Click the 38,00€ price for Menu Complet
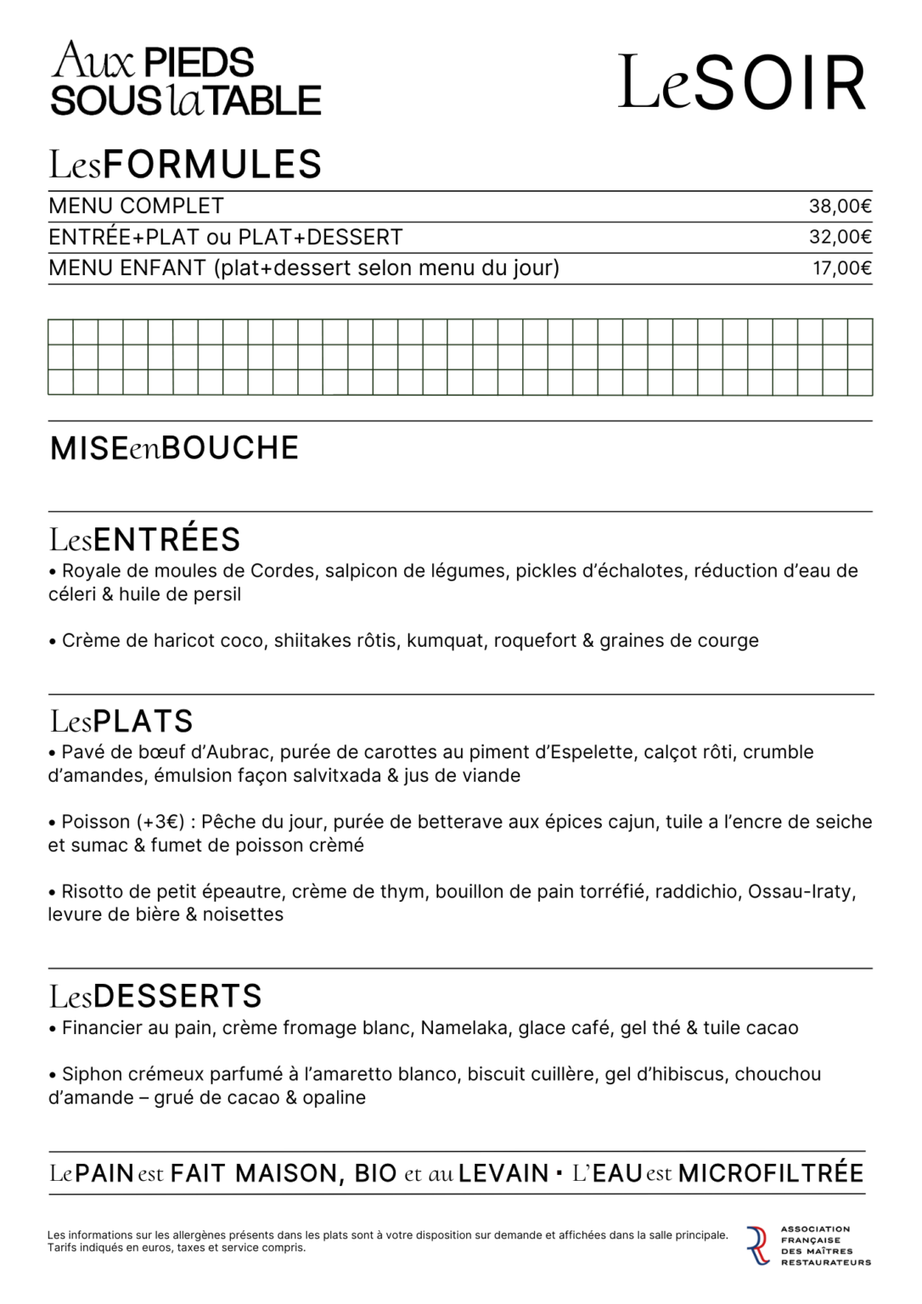[840, 206]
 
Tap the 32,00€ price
[840, 238]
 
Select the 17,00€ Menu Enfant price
[841, 268]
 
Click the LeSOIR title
[742, 83]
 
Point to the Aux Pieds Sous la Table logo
[185, 80]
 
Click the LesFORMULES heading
[185, 164]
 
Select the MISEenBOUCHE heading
[174, 448]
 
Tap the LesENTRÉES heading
[144, 540]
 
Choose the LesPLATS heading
[121, 722]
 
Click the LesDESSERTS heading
[155, 996]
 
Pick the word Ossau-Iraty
[801, 892]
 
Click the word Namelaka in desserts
[464, 1028]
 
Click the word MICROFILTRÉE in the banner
[771, 1174]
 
